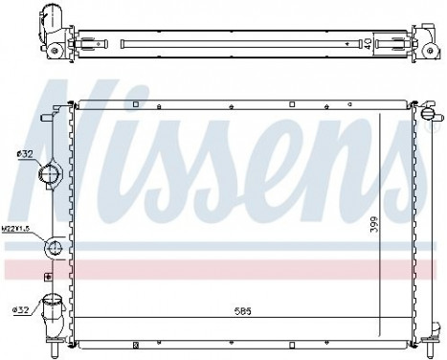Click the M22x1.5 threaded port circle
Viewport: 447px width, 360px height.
click(54, 248)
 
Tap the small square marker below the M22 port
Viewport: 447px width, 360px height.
click(47, 275)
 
